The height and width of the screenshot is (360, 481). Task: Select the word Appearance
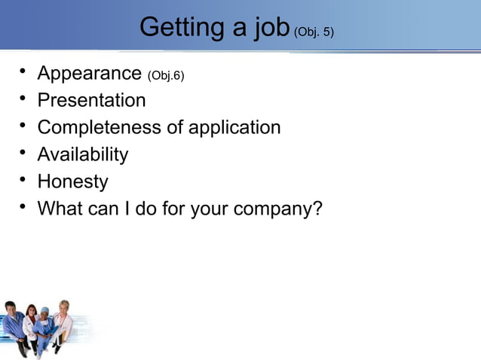coord(89,74)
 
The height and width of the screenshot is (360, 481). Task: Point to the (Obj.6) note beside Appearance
coord(166,75)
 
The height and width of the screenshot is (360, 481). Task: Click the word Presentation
coord(91,100)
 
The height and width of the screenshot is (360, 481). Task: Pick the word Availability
coord(82,154)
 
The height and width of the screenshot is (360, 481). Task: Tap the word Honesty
coord(72,182)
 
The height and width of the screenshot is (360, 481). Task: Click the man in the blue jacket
coord(13,324)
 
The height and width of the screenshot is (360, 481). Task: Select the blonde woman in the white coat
coord(63,320)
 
